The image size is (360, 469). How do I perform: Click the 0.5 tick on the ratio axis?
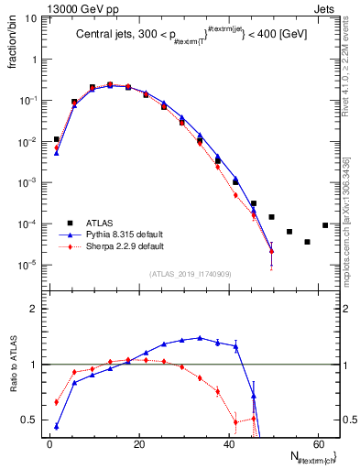pos(33,420)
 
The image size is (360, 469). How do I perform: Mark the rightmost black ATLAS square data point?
pos(325,225)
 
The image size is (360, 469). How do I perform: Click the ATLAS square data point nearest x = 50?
pos(271,217)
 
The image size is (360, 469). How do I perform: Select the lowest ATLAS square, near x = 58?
pos(307,242)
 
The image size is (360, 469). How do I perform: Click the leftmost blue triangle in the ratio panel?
pos(57,426)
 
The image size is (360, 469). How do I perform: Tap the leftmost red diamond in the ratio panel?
pos(57,402)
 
